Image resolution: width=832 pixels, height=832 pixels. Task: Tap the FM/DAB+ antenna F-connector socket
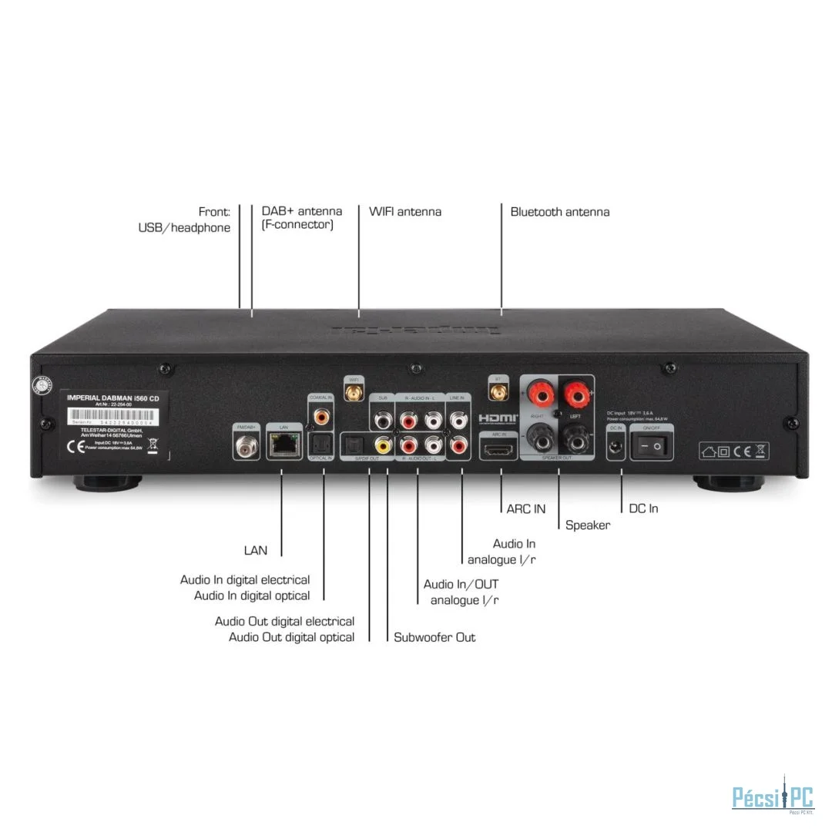tap(246, 444)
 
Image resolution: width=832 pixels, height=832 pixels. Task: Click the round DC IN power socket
tap(616, 445)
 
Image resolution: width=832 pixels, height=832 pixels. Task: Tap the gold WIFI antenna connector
tap(354, 394)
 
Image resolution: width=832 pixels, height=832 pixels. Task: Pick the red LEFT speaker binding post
tap(575, 398)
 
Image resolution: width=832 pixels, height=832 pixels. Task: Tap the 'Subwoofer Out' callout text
tap(434, 637)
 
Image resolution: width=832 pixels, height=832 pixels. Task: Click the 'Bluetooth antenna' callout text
tap(560, 212)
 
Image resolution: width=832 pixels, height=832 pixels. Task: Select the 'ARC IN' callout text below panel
tap(526, 508)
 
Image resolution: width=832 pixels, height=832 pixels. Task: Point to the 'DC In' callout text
tap(643, 508)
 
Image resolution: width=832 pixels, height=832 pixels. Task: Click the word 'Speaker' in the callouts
tap(588, 525)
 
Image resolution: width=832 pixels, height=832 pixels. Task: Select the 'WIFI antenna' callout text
tap(405, 212)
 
